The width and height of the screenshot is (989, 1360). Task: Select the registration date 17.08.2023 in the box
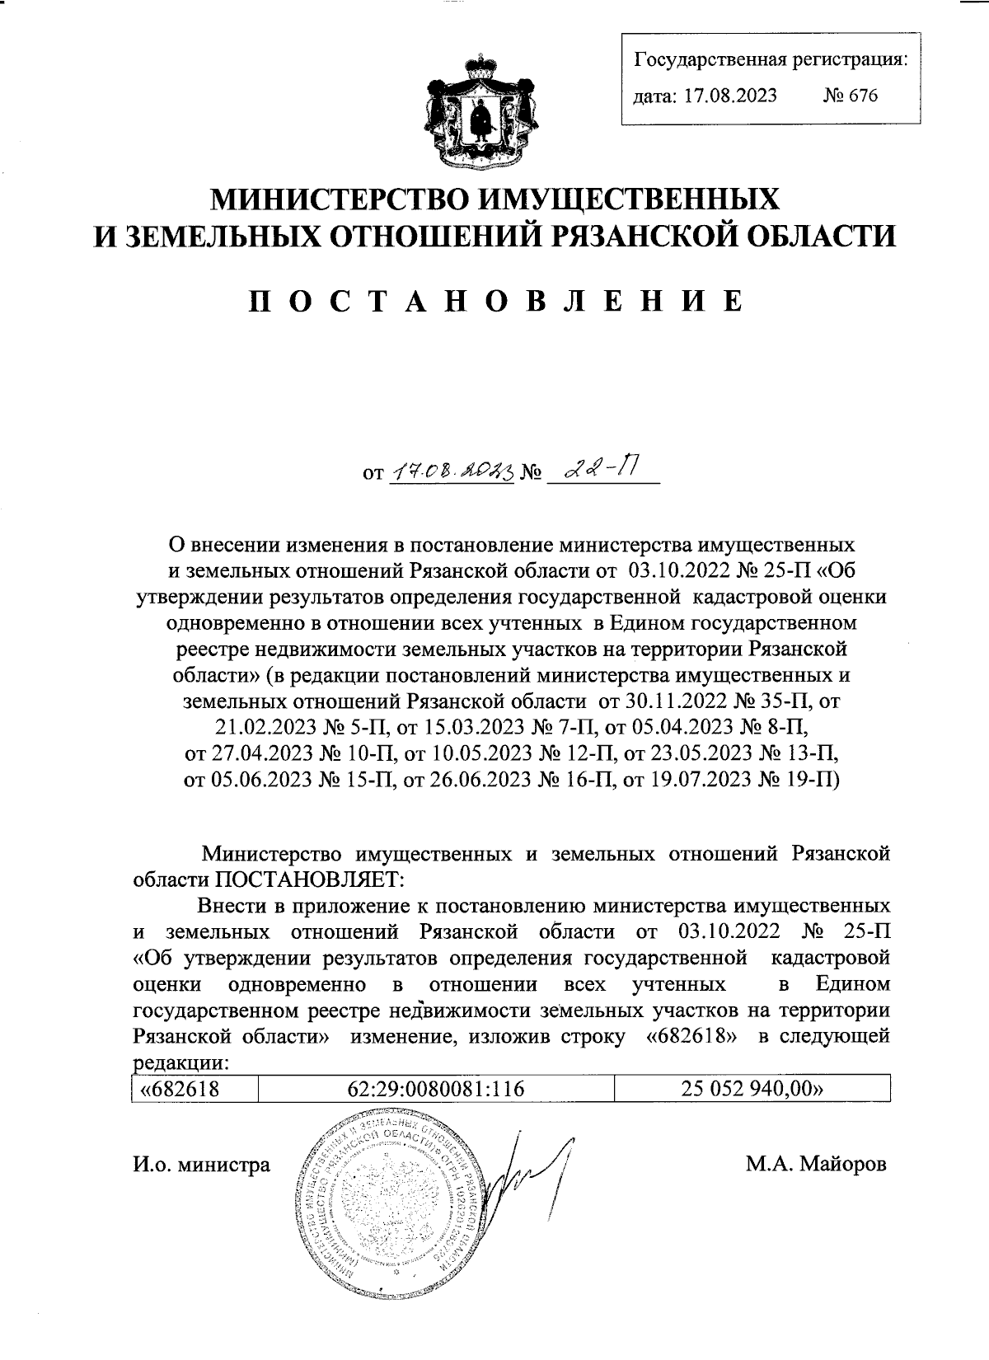(x=725, y=96)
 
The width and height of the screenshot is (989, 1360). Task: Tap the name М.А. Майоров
(x=816, y=1165)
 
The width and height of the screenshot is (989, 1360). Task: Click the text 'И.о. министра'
(x=201, y=1165)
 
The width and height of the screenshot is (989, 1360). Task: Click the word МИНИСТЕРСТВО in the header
(x=345, y=198)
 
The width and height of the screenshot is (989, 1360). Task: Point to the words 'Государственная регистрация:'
(x=770, y=60)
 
